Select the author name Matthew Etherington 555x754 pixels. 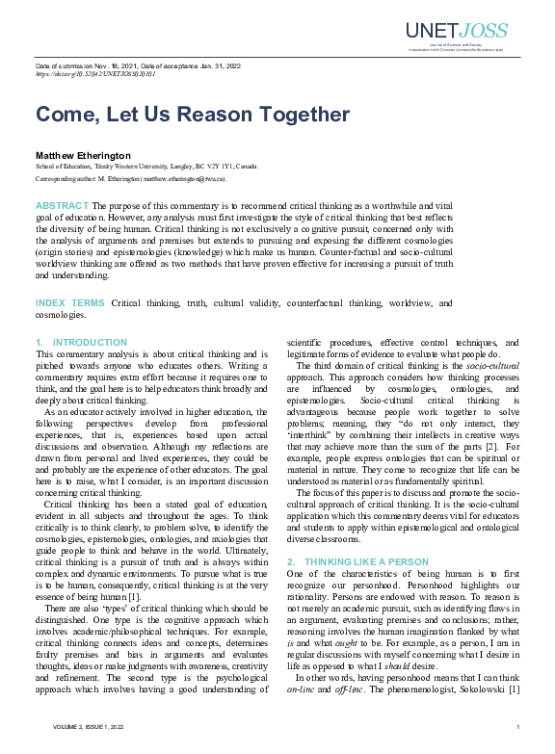pyautogui.click(x=82, y=154)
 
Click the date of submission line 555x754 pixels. pyautogui.click(x=138, y=65)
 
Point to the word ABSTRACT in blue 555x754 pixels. pyautogui.click(x=62, y=206)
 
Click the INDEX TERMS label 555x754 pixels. pyautogui.click(x=70, y=303)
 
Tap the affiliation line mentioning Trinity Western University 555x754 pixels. pyautogui.click(x=146, y=167)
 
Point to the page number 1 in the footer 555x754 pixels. pyautogui.click(x=518, y=727)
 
